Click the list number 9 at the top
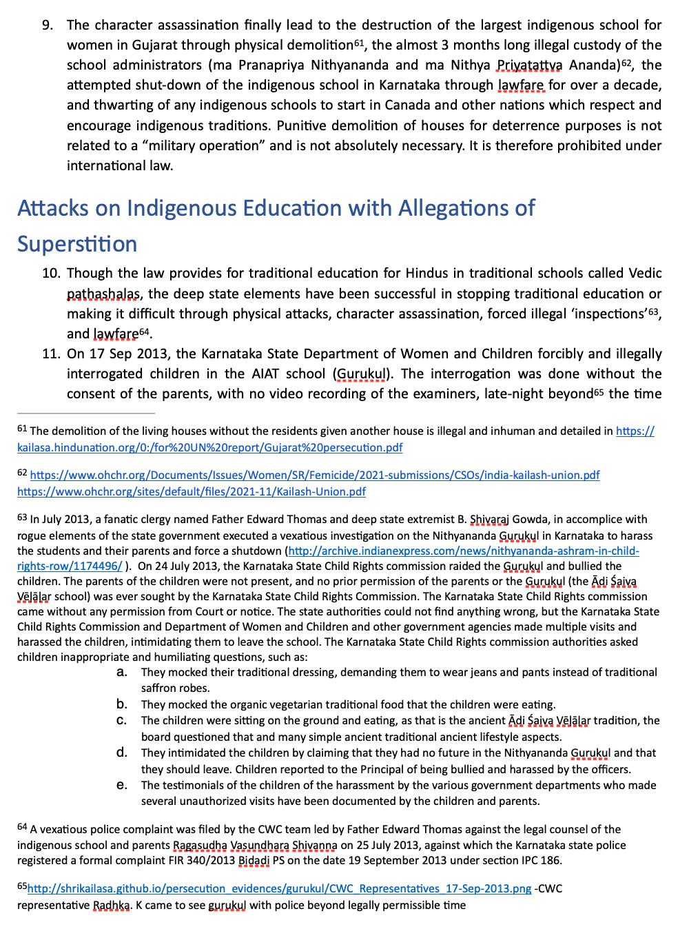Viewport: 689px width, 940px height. [x=47, y=25]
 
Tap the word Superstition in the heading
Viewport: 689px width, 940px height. [x=77, y=244]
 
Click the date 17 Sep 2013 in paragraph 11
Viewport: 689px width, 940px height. [x=128, y=354]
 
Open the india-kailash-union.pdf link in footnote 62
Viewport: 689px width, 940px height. [x=315, y=476]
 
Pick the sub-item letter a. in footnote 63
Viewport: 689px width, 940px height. [x=121, y=672]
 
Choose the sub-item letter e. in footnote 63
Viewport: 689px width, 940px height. [x=121, y=785]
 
